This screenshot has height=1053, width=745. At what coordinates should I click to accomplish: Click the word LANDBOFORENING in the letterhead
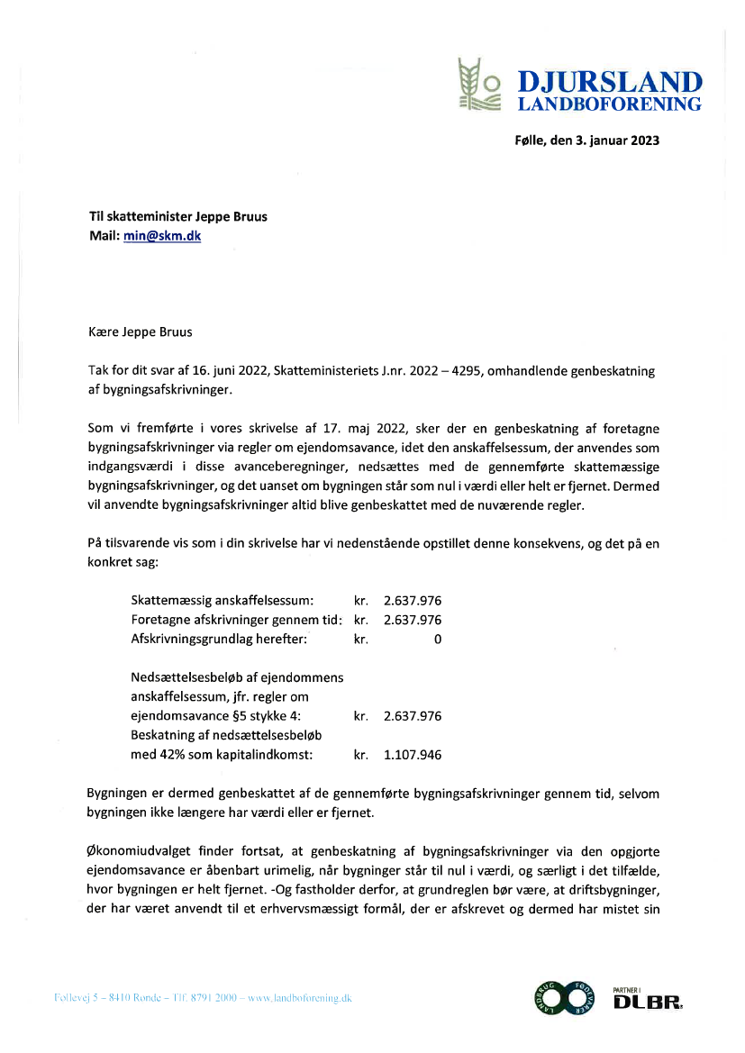pos(609,104)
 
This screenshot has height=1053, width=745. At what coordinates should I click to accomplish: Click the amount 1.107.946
pos(413,755)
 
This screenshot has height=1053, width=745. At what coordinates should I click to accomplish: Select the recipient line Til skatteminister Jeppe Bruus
pos(177,216)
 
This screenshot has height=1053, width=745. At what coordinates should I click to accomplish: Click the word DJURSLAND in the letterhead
pos(609,82)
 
